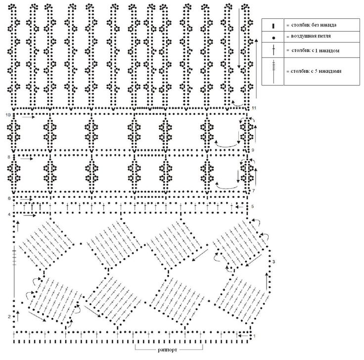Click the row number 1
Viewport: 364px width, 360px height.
[x=254, y=337]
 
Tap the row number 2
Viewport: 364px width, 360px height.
[x=9, y=316]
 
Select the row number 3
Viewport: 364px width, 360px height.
[x=273, y=261]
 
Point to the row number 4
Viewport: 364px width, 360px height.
[x=8, y=214]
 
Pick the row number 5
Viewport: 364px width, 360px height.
[x=253, y=206]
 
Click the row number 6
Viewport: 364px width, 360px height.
[x=8, y=198]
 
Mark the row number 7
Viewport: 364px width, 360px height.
[x=253, y=191]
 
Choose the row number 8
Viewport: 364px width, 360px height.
[x=8, y=157]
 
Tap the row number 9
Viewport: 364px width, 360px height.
[x=253, y=150]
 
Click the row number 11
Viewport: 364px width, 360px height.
[x=254, y=108]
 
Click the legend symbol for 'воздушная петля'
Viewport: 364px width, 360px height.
[x=273, y=37]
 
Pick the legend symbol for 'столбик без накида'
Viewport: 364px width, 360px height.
[x=273, y=24]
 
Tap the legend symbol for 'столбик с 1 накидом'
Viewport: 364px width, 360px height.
[x=273, y=50]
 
